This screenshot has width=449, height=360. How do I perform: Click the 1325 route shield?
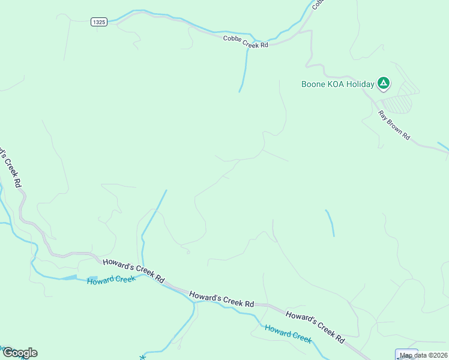click(x=99, y=22)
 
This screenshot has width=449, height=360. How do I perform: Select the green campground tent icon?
click(x=384, y=84)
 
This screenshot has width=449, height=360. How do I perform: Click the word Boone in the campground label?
click(x=315, y=85)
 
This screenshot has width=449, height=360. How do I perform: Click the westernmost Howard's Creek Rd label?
click(x=133, y=271)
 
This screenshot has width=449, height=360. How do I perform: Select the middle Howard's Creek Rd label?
click(x=221, y=299)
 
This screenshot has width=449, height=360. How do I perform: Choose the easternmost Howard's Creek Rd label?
click(x=315, y=326)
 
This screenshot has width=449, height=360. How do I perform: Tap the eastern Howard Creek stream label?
click(x=288, y=334)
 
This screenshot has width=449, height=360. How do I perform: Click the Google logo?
click(x=19, y=353)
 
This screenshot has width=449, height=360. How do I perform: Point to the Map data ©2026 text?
click(x=424, y=355)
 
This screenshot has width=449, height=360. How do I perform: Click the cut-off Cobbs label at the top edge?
click(x=318, y=5)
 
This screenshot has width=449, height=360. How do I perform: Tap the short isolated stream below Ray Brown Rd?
click(x=330, y=223)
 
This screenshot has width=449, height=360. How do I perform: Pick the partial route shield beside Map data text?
click(x=406, y=354)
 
